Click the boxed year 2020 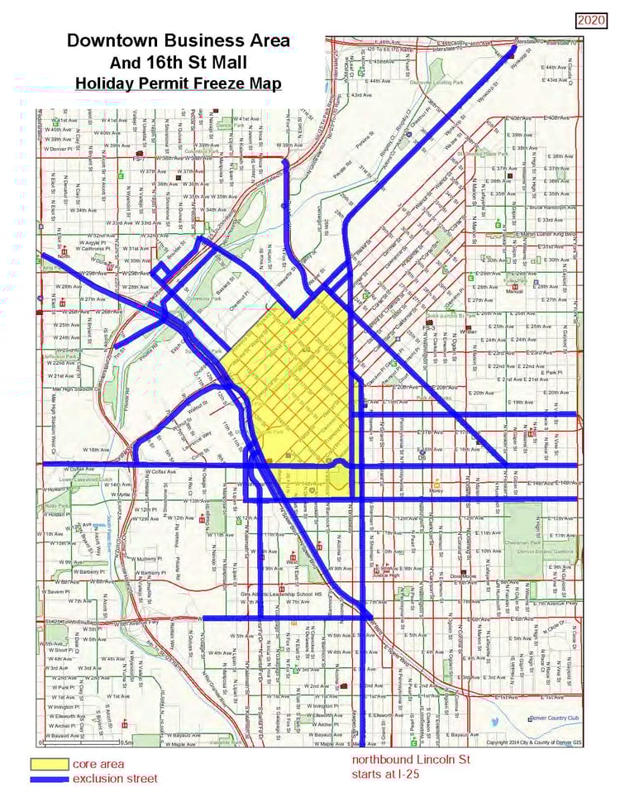pos(590,19)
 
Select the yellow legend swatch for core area pos(49,763)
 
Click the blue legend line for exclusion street pos(49,778)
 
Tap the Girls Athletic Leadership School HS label pos(276,593)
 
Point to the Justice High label pos(391,577)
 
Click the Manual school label pos(514,291)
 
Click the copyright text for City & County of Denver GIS pos(532,742)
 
